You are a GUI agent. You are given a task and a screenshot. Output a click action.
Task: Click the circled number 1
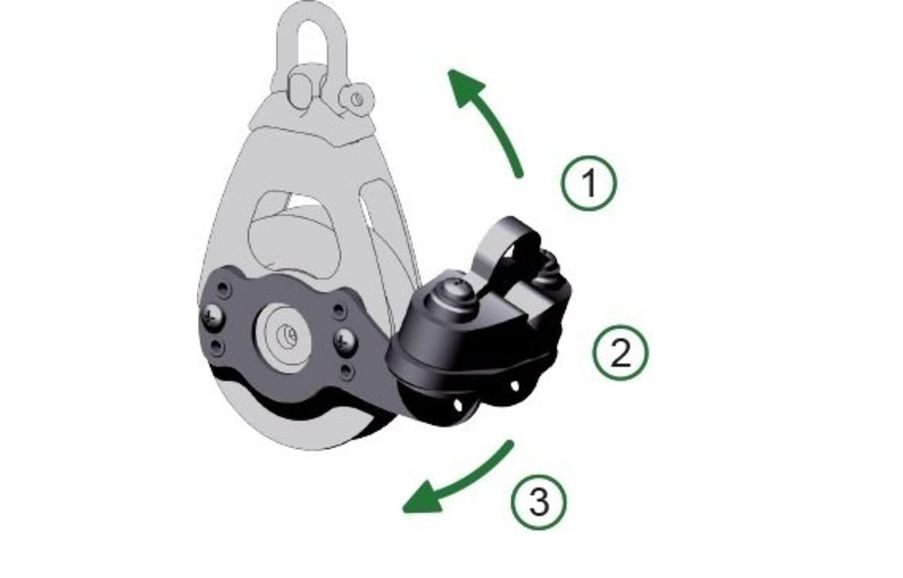point(589,184)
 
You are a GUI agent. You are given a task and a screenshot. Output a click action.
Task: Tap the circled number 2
point(620,352)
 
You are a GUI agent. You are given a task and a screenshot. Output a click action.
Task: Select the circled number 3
point(539,499)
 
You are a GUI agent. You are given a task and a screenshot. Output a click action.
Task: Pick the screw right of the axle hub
point(345,340)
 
